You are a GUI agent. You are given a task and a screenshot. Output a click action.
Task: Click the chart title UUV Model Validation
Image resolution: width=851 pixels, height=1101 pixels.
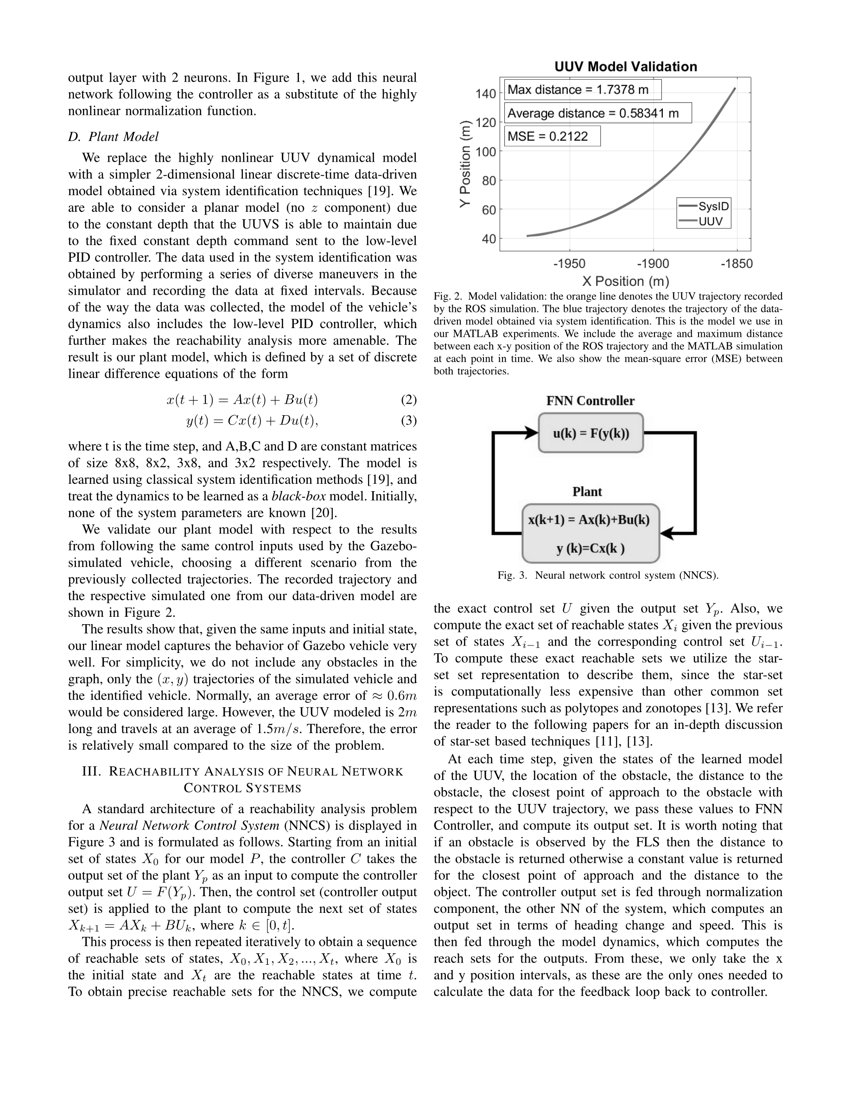[625, 67]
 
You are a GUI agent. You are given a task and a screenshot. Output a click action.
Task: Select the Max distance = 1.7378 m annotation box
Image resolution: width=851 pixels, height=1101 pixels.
[582, 90]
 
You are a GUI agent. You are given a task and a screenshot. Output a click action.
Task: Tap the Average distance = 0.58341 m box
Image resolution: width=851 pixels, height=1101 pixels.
[597, 113]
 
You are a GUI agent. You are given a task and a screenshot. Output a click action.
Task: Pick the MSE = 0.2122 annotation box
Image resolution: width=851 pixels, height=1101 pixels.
[552, 136]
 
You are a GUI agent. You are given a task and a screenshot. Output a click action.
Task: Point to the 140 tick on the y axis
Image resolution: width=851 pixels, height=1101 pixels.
[485, 93]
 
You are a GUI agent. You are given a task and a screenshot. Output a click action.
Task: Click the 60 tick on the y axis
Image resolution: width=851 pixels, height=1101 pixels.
[489, 210]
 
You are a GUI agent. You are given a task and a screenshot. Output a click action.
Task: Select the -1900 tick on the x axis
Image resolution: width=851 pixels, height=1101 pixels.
[654, 264]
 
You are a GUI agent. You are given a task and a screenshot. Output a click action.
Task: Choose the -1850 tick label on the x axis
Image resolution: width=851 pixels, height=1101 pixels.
[737, 264]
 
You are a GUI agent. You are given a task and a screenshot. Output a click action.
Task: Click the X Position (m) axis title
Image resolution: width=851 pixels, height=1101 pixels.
[625, 281]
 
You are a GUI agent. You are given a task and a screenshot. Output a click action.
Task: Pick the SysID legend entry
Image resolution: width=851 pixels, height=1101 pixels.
[704, 206]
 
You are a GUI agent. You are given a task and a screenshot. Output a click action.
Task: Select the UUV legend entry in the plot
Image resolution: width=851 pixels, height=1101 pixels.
[704, 221]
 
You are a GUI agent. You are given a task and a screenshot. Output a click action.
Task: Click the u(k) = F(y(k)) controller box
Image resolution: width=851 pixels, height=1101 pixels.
[591, 433]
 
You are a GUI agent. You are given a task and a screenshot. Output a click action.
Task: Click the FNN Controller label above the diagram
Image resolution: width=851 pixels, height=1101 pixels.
[591, 401]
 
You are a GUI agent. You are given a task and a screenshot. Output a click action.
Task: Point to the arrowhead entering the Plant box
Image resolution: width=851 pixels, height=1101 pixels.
[667, 533]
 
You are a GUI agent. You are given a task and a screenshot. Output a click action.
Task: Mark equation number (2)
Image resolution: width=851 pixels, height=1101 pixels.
[408, 400]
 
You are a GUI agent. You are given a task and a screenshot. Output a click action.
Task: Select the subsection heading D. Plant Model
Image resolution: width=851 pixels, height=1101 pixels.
[114, 137]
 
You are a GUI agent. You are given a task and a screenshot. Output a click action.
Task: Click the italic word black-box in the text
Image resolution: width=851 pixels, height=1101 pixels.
[298, 496]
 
